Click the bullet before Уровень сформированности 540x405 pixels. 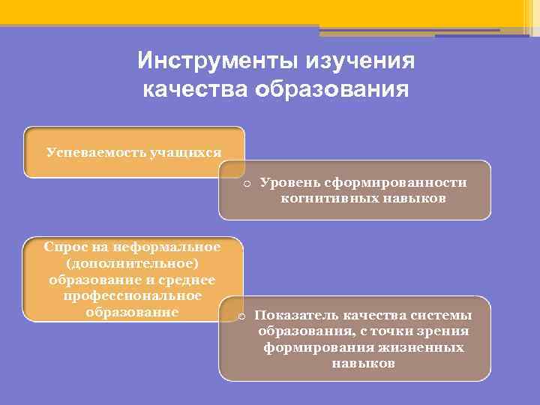245,183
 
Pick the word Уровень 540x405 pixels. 286,183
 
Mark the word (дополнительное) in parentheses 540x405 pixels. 133,263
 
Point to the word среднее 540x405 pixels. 187,280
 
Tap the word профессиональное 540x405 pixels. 133,296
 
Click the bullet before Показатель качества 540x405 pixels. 241,315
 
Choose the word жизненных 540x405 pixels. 424,348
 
